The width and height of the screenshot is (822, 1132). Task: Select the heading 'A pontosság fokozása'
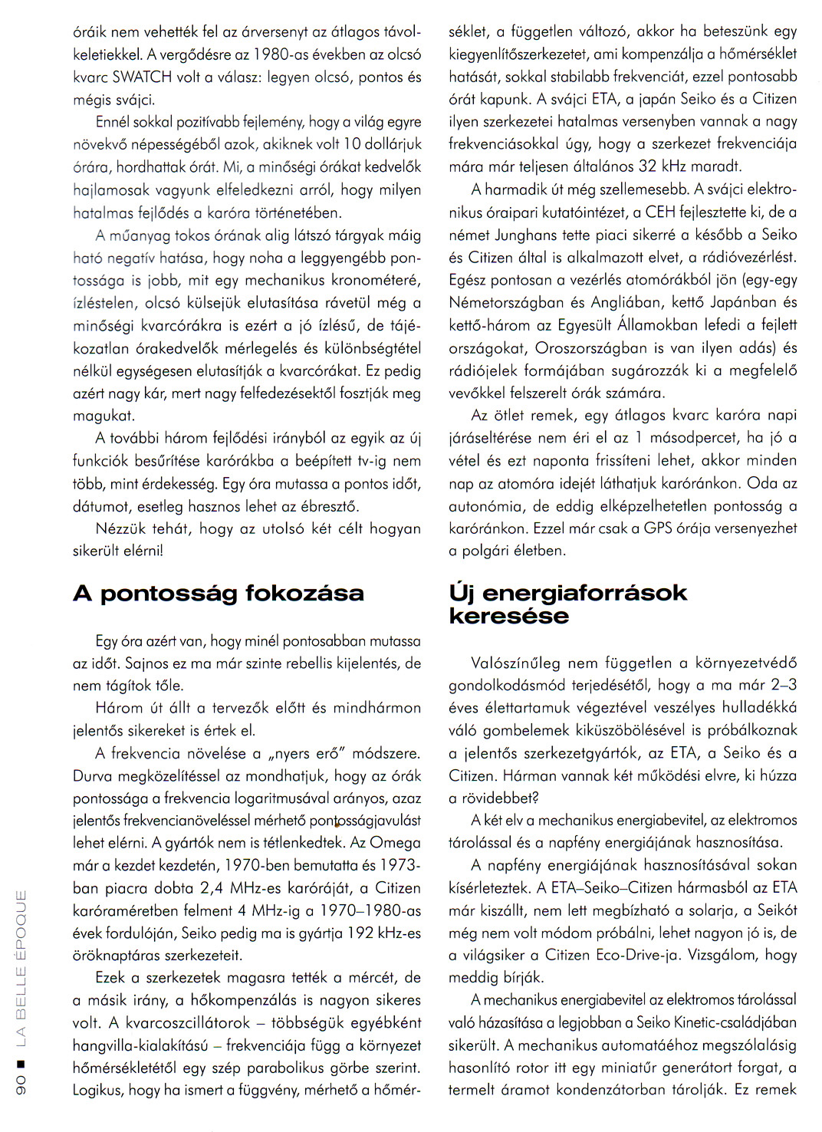[x=219, y=593]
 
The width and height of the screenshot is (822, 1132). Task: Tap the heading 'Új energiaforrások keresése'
[x=567, y=604]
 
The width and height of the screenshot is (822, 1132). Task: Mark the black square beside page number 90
[x=21, y=1063]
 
